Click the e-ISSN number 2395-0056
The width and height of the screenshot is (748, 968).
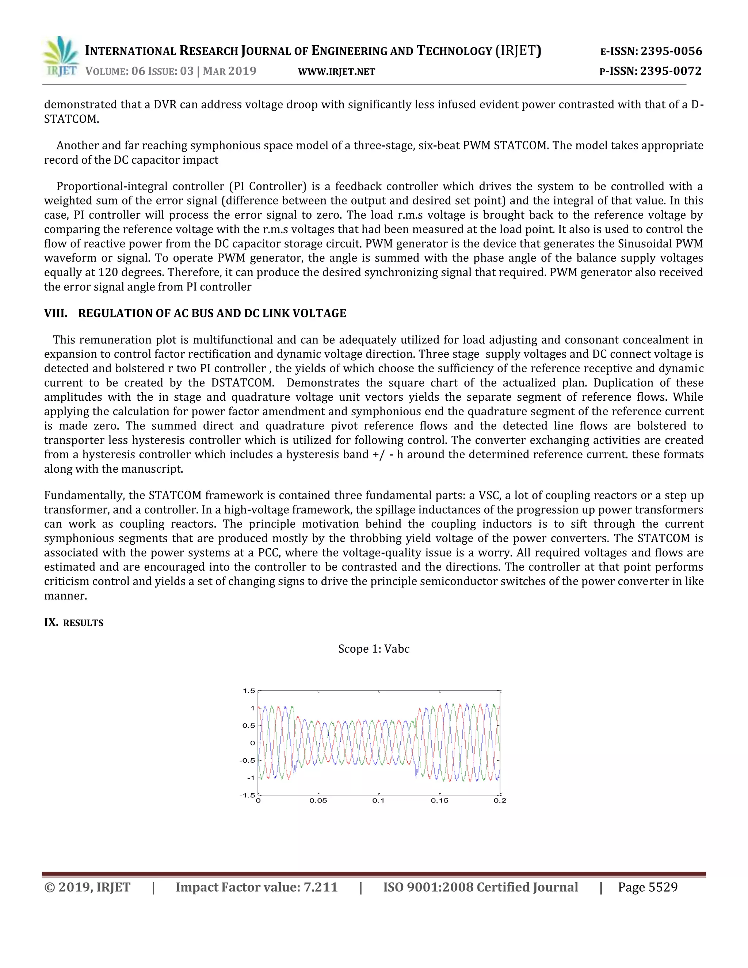click(x=671, y=52)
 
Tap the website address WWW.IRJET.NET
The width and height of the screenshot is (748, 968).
click(x=336, y=72)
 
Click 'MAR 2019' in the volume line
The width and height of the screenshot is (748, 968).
click(x=229, y=71)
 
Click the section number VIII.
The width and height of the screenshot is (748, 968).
click(x=56, y=313)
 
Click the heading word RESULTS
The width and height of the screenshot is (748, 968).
click(x=83, y=623)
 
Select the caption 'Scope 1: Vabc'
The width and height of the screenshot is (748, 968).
click(x=374, y=649)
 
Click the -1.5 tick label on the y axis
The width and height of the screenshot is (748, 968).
click(x=247, y=795)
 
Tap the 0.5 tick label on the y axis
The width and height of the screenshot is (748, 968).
click(x=249, y=725)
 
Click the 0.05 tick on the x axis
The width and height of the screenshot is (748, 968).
click(x=318, y=800)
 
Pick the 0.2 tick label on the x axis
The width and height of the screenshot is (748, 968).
click(x=500, y=800)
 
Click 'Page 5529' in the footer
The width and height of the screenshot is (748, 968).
click(x=648, y=887)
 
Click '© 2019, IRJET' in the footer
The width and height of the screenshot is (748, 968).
click(x=87, y=887)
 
